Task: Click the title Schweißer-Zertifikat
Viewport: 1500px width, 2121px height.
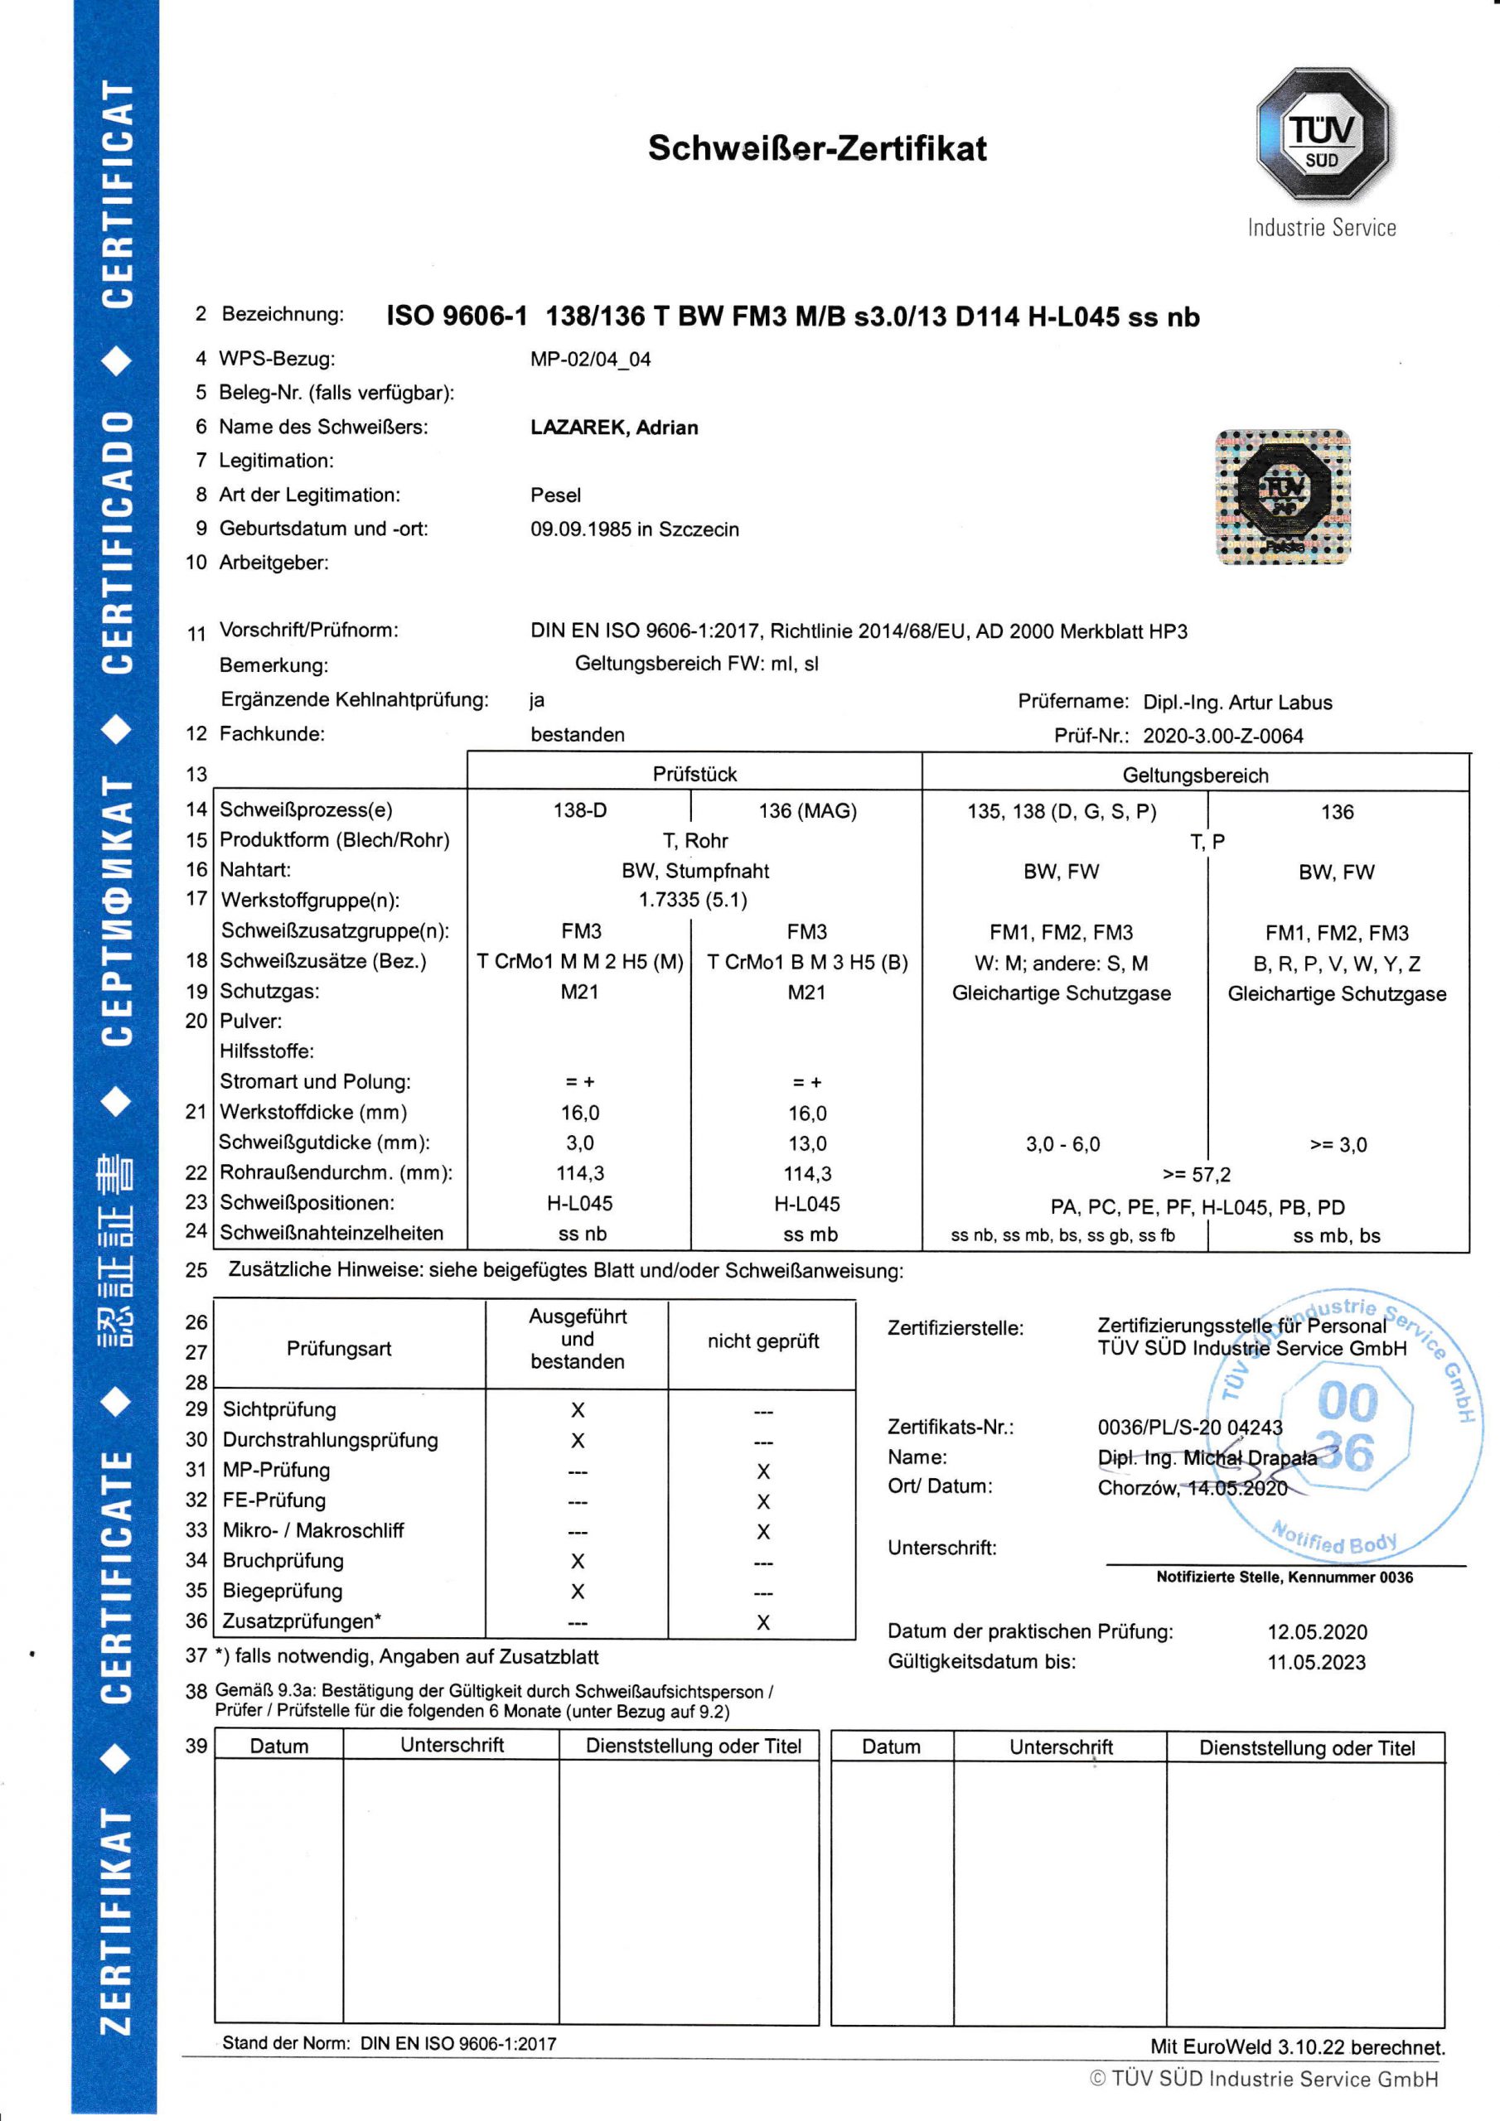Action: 817,147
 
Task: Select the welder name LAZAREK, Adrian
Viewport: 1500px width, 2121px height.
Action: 614,428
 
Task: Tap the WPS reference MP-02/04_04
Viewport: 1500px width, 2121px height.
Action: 590,360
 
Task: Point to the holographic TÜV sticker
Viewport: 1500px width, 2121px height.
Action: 1283,497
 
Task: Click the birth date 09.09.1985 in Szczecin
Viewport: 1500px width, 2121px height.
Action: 634,529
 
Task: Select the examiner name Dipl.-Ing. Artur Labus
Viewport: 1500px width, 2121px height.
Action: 1236,702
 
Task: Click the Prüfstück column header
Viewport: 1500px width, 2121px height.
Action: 694,774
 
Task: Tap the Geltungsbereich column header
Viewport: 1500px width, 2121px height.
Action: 1195,775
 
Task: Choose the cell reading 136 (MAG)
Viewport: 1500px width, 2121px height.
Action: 807,811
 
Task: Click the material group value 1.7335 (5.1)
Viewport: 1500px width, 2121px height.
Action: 693,900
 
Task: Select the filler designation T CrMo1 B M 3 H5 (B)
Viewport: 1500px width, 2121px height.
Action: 807,963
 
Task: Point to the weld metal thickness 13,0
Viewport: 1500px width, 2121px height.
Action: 807,1143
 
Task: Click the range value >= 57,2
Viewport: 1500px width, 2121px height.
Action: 1196,1175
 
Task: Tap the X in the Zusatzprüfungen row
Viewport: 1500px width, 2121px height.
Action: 762,1623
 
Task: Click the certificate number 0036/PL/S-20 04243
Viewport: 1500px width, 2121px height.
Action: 1189,1428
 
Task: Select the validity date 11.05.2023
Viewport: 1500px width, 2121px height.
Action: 1316,1663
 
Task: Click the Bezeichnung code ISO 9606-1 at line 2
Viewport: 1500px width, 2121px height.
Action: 457,316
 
